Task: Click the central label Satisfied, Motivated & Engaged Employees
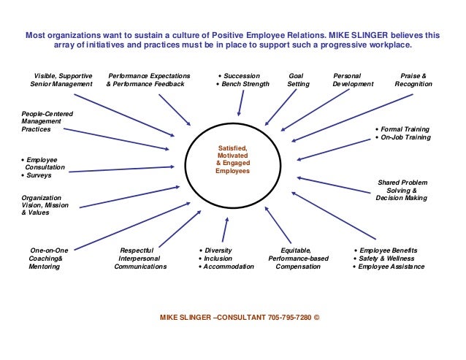[232, 159]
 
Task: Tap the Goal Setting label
[298, 80]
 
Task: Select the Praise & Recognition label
[413, 80]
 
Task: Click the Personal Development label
[353, 80]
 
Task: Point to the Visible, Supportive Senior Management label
[61, 80]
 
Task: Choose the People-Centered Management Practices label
[47, 121]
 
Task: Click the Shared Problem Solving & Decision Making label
[402, 190]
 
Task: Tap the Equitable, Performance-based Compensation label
[298, 258]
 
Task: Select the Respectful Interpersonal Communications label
[140, 258]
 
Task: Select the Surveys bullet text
[39, 176]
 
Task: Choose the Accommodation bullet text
[229, 267]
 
